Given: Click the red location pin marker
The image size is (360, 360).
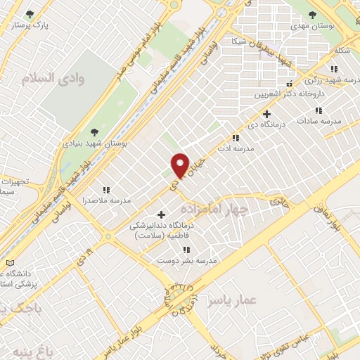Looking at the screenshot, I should (x=180, y=165).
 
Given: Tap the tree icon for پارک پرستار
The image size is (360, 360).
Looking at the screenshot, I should (x=29, y=14).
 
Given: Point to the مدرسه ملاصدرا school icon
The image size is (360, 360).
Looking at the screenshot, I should (x=106, y=190).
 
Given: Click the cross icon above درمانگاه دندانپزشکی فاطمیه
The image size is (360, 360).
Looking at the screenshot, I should (x=161, y=214).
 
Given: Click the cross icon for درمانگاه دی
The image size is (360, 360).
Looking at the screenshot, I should (x=266, y=114).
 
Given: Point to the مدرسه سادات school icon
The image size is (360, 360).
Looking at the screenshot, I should (x=319, y=110).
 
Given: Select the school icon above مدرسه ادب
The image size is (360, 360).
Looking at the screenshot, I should (x=235, y=139).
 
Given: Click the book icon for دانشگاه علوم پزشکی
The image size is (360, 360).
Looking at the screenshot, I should (x=9, y=263).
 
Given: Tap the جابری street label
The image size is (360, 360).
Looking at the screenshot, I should (x=278, y=201).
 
